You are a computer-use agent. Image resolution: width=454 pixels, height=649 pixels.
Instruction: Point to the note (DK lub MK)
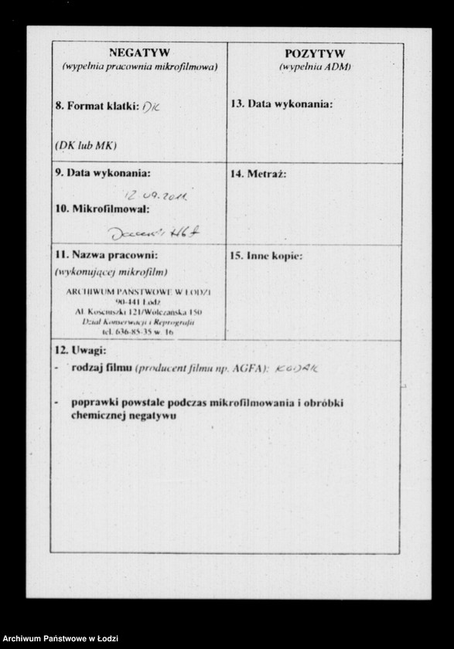point(86,144)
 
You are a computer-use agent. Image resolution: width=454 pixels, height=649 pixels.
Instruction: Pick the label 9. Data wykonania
point(102,172)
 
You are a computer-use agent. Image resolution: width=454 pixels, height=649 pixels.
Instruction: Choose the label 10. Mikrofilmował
point(101,209)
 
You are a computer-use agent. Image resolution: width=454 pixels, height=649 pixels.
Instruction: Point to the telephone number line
point(138,331)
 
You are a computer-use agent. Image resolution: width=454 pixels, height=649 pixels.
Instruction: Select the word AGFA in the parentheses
point(247,369)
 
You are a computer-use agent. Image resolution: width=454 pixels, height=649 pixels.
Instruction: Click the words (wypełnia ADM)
point(314,66)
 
